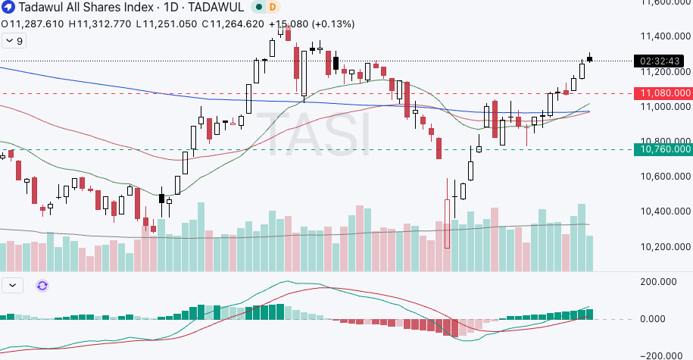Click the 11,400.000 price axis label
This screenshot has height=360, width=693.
click(x=656, y=36)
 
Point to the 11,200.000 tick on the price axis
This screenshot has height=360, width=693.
click(x=656, y=72)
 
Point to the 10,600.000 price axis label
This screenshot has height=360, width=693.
click(x=656, y=177)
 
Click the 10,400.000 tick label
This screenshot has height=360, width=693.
click(x=656, y=211)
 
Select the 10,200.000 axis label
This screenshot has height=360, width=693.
click(x=656, y=247)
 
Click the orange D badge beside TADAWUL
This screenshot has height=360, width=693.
click(x=273, y=7)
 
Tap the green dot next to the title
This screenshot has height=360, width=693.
click(x=258, y=7)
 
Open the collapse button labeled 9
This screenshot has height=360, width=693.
click(x=14, y=41)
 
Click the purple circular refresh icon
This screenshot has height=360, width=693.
click(x=42, y=286)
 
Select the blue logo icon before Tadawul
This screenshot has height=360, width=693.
click(x=8, y=7)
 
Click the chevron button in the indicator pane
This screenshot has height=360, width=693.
click(x=13, y=286)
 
